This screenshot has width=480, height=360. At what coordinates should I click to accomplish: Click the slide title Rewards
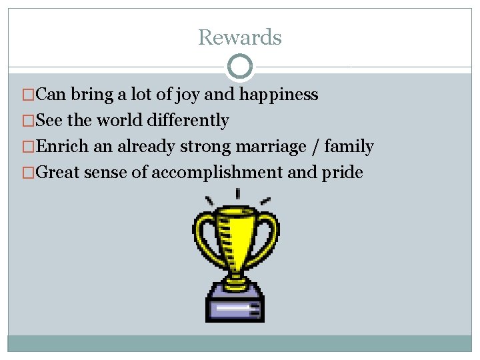point(240,37)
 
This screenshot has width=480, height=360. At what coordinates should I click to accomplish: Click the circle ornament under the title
point(240,67)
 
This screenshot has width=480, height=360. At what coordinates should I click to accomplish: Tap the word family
point(349,147)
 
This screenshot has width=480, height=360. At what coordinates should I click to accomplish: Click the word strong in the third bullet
point(205,147)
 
